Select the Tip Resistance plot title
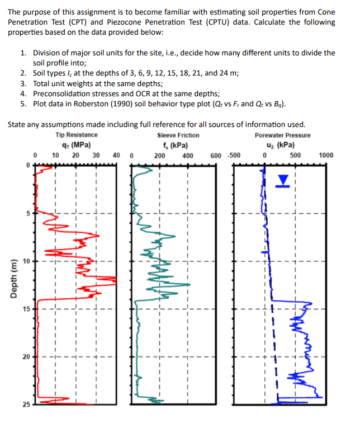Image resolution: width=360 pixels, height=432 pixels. pyautogui.click(x=77, y=135)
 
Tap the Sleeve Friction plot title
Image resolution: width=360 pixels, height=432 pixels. pyautogui.click(x=178, y=135)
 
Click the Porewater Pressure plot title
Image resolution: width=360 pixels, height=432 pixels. pyautogui.click(x=282, y=135)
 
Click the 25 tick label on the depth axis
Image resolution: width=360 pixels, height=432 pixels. pyautogui.click(x=26, y=405)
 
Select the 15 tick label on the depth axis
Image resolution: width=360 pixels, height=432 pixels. pyautogui.click(x=26, y=309)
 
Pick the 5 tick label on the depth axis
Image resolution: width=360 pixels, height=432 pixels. pyautogui.click(x=27, y=213)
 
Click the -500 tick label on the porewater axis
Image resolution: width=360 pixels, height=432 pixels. pyautogui.click(x=234, y=156)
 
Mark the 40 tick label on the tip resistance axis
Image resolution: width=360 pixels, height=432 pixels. pyautogui.click(x=116, y=156)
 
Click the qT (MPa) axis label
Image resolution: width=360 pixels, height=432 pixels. pyautogui.click(x=77, y=144)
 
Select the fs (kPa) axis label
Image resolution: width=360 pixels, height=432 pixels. pyautogui.click(x=178, y=144)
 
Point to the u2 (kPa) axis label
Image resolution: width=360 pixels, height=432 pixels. pyautogui.click(x=282, y=144)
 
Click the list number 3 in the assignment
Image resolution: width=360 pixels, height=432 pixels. pyautogui.click(x=23, y=83)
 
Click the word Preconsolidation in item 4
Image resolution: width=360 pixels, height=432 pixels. pyautogui.click(x=64, y=93)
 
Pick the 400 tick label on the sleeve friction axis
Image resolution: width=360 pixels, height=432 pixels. pyautogui.click(x=188, y=156)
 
